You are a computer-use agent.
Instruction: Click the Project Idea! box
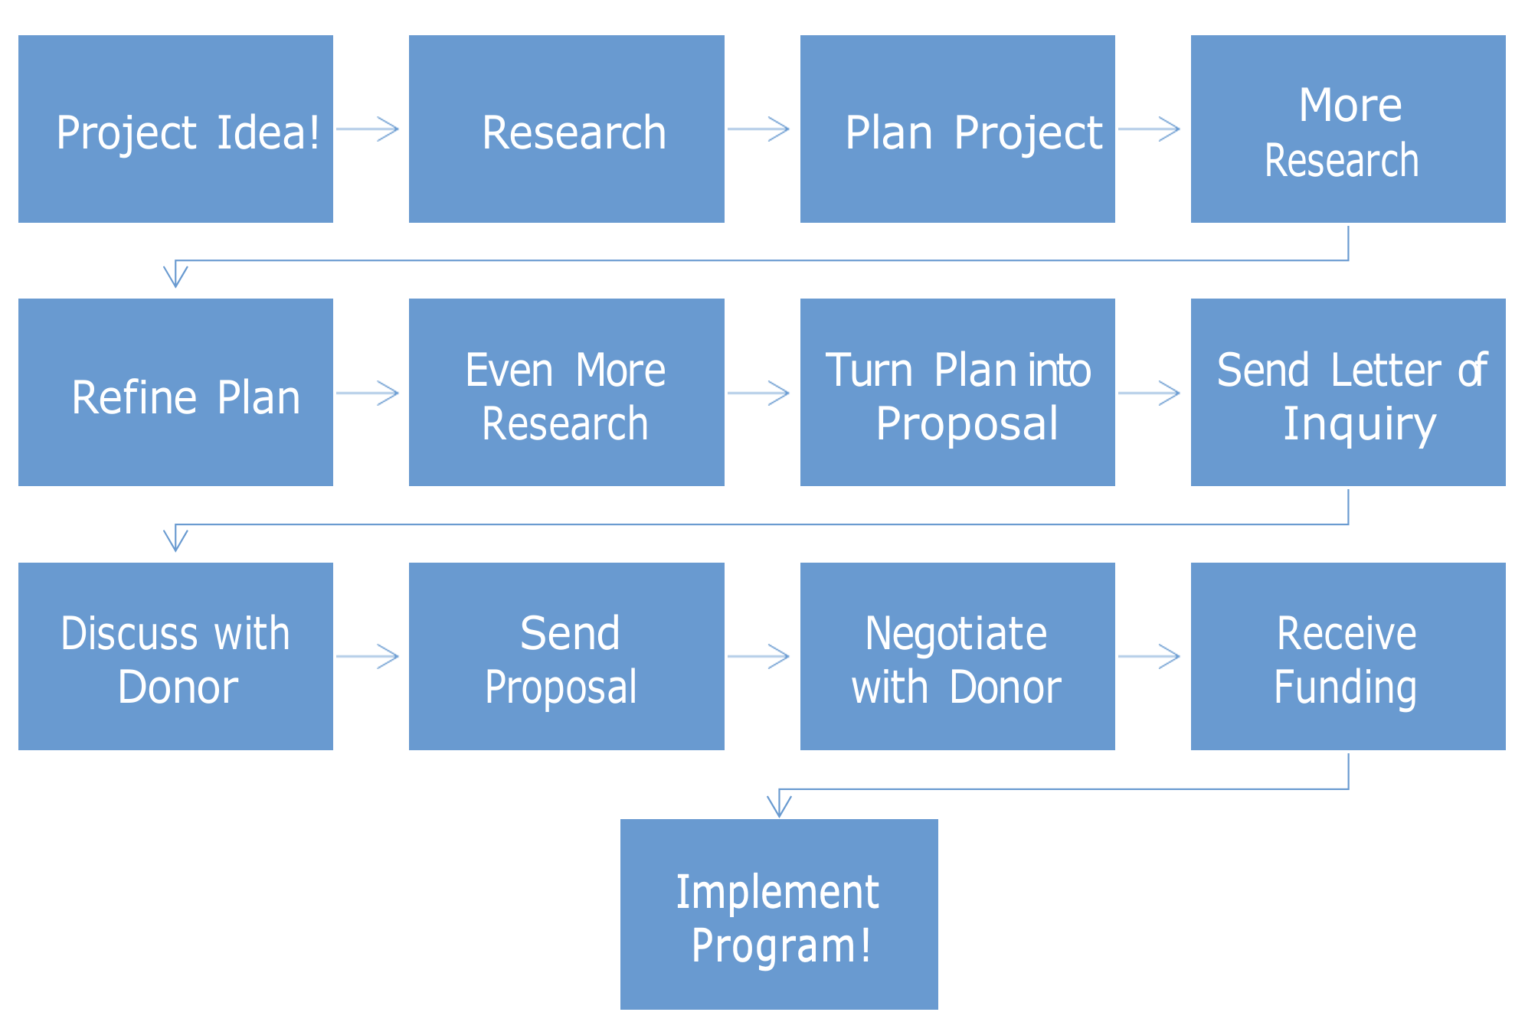tap(175, 129)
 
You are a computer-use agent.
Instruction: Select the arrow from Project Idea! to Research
tap(368, 129)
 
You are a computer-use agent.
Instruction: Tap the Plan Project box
tap(957, 129)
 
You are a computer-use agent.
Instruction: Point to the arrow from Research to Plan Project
tap(758, 129)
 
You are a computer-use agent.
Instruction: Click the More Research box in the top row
tap(1348, 129)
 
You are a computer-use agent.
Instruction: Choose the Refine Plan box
tap(175, 392)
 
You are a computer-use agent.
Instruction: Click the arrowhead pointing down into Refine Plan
tap(175, 276)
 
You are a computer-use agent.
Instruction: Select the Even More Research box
tap(566, 392)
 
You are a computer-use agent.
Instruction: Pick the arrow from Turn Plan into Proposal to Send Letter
tap(1149, 393)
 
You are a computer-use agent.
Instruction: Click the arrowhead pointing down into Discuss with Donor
tap(175, 540)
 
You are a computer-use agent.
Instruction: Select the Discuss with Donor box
tap(175, 656)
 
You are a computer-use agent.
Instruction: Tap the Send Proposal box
tap(566, 656)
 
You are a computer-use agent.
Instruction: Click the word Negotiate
tap(956, 634)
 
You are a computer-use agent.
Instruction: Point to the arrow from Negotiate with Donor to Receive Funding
tap(1149, 656)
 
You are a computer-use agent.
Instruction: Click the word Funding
tap(1345, 687)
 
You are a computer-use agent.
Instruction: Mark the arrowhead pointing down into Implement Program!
tap(779, 805)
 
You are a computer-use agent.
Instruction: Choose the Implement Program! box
tap(779, 914)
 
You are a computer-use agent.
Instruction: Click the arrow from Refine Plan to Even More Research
tap(368, 393)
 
